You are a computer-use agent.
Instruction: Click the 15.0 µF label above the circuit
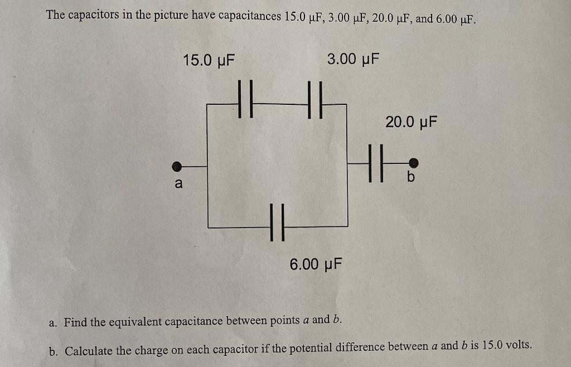[x=209, y=60]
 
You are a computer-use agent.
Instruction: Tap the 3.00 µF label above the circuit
[x=353, y=59]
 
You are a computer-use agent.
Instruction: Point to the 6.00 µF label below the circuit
[x=316, y=263]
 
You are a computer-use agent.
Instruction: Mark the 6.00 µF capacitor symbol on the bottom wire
[x=277, y=222]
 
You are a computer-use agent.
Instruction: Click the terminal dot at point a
[x=177, y=166]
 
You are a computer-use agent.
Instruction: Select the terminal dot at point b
[x=413, y=162]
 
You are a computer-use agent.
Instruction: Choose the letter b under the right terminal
[x=411, y=177]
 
